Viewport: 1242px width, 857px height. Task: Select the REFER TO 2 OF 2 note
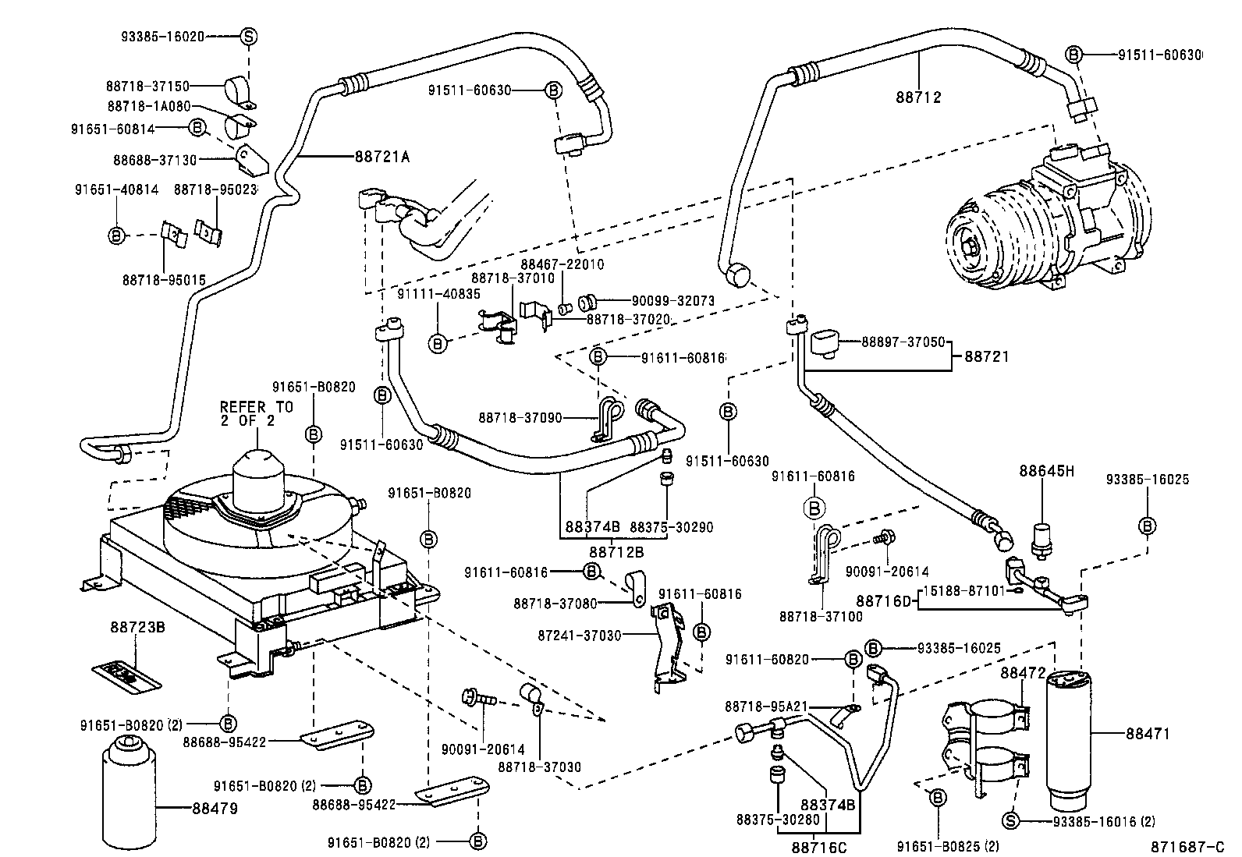[257, 414]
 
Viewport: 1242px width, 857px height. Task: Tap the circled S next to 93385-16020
[247, 36]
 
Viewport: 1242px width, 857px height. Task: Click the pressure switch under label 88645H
[1042, 538]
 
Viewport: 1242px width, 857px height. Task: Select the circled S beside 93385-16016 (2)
[1010, 821]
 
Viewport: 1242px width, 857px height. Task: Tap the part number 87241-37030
[580, 636]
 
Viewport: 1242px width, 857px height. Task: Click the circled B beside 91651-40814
[116, 235]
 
